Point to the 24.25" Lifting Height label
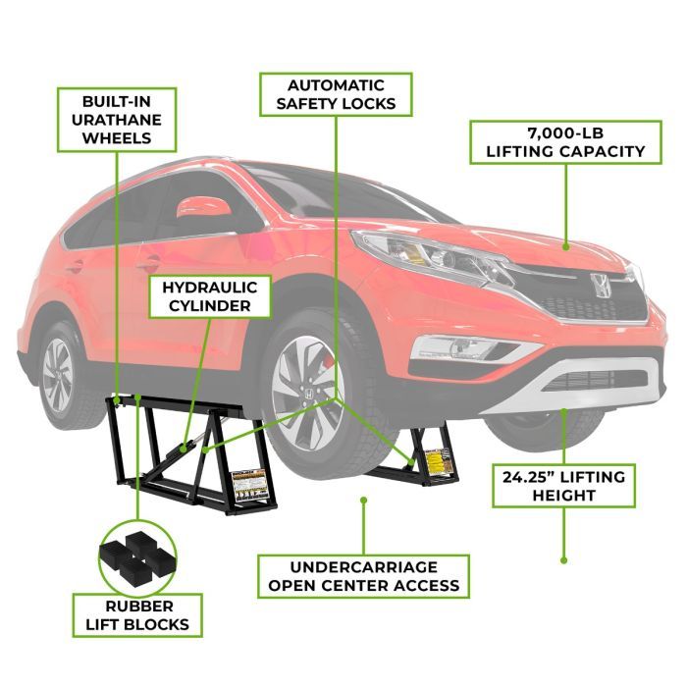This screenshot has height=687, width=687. tap(563, 486)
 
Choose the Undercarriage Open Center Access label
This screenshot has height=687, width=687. tap(364, 575)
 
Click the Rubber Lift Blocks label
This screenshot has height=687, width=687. tap(137, 614)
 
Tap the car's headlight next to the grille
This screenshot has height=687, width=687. tap(432, 254)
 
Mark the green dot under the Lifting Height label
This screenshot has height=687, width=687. tap(563, 560)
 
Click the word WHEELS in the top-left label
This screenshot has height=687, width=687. tap(117, 136)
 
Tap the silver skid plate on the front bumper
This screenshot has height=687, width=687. tap(589, 388)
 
